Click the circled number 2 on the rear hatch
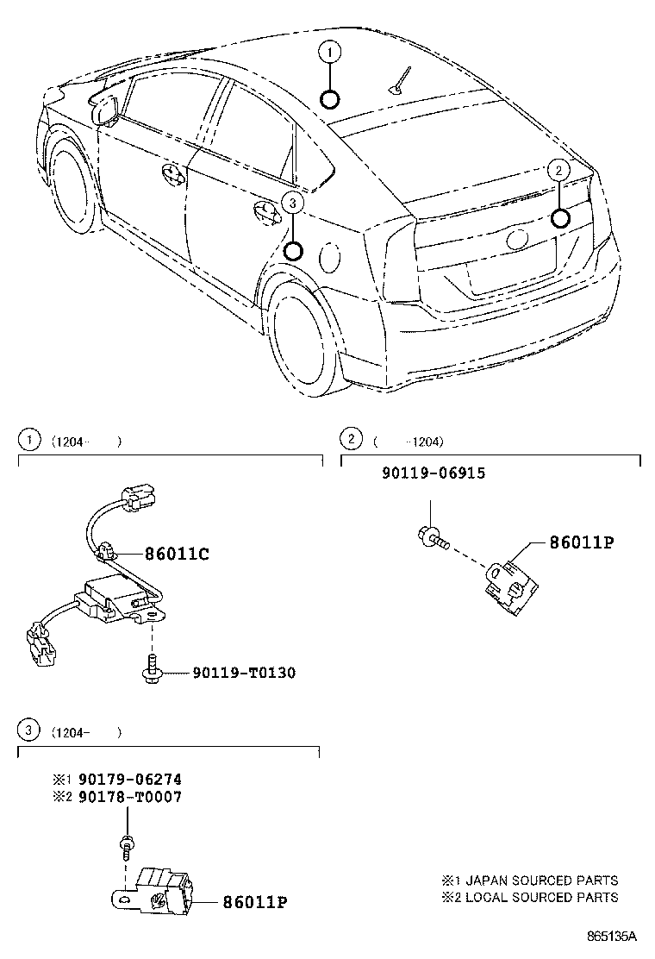click(558, 171)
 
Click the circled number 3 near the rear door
click(293, 203)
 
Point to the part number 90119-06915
click(434, 473)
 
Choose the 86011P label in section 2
click(583, 542)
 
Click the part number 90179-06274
click(129, 779)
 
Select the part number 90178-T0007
click(129, 797)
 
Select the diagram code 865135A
click(612, 936)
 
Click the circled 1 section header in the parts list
click(28, 440)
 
